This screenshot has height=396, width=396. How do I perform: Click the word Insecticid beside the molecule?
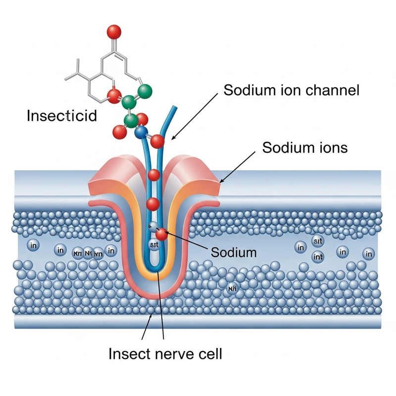click(x=61, y=116)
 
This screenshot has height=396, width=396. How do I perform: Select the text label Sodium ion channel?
click(x=291, y=91)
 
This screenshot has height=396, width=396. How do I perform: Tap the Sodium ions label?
click(x=305, y=148)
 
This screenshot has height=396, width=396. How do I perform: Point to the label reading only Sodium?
click(x=234, y=252)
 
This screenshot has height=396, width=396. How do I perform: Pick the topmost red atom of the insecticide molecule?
click(x=114, y=32)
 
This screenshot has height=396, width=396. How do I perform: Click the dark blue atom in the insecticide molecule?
click(x=142, y=132)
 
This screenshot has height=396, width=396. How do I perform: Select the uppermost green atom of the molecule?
click(x=144, y=91)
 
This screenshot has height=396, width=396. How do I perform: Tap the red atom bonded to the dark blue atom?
click(x=157, y=142)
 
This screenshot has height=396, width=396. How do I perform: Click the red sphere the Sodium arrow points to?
click(x=162, y=235)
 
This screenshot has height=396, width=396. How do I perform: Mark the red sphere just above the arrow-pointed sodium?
click(x=153, y=203)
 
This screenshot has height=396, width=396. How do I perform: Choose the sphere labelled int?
click(x=318, y=257)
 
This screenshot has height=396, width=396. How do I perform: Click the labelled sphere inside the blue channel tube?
click(x=153, y=244)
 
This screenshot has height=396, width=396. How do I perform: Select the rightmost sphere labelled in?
click(x=368, y=254)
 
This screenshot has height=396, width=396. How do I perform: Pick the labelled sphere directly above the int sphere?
click(x=318, y=242)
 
